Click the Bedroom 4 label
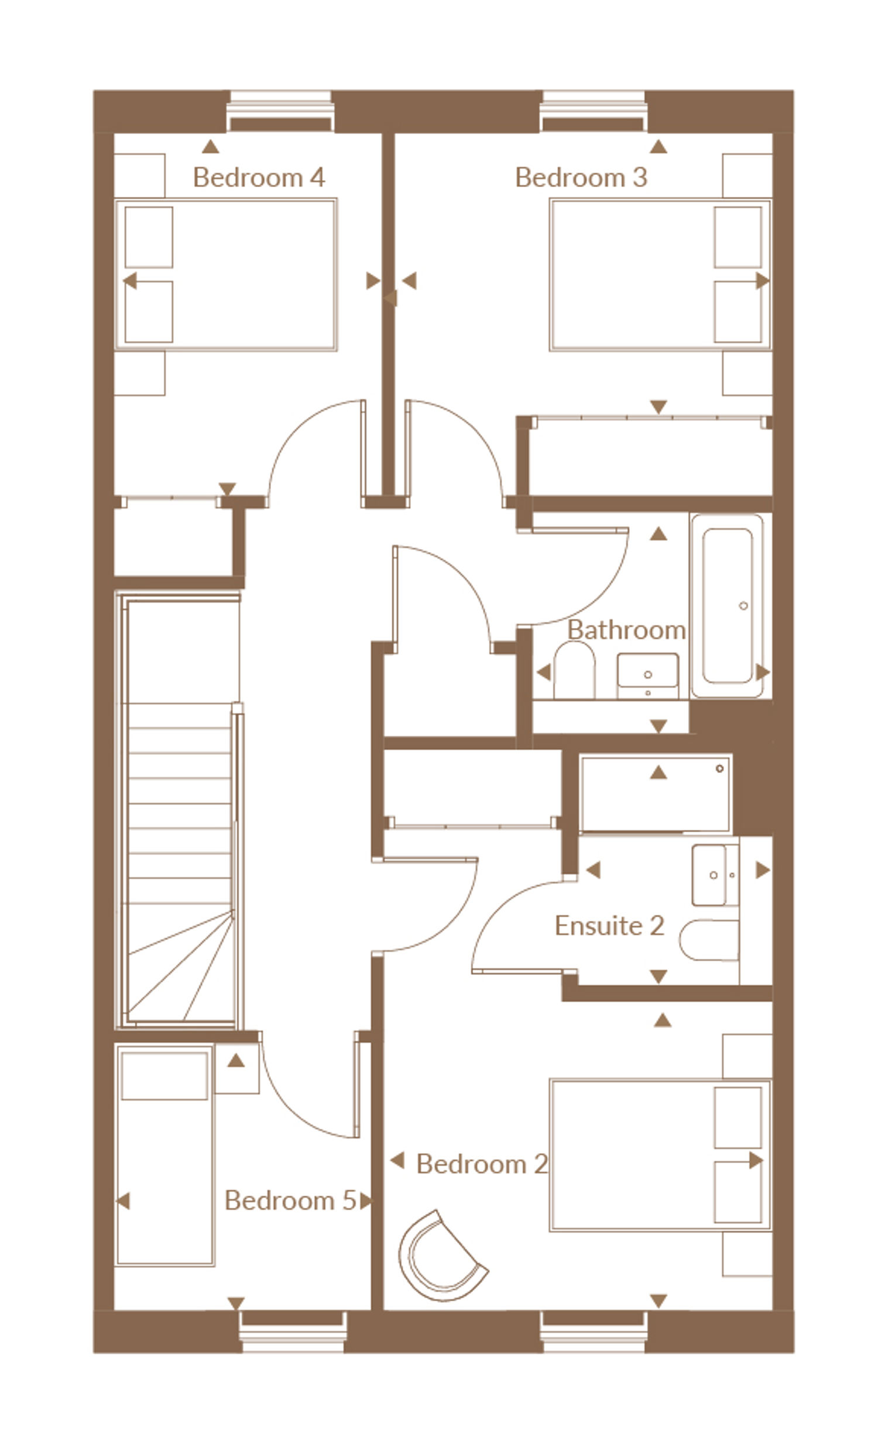click(258, 177)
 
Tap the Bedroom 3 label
click(581, 177)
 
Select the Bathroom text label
click(626, 630)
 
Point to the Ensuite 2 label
click(609, 926)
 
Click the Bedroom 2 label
click(482, 1164)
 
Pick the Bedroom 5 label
click(290, 1201)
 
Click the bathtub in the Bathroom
click(727, 606)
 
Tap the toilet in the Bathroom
click(574, 670)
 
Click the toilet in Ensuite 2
click(709, 940)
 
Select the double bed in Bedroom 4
click(226, 274)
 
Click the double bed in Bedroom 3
click(660, 274)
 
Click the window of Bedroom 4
click(280, 112)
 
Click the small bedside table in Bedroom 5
click(237, 1068)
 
